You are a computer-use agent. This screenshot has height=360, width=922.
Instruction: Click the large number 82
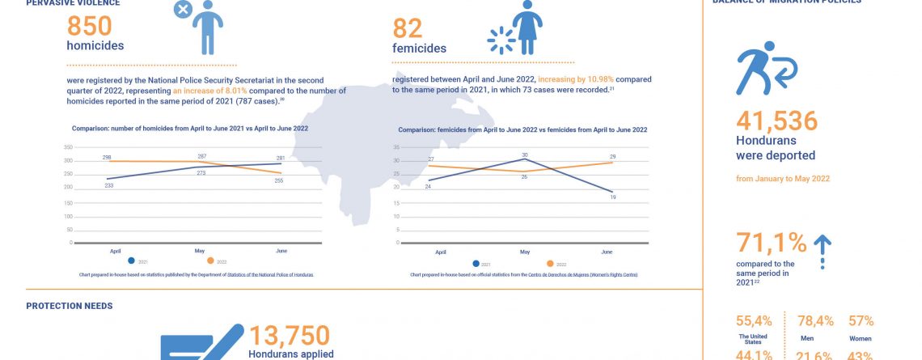408,28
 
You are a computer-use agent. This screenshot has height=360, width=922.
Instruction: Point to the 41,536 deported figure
776,121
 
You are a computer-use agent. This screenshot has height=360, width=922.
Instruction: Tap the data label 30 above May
524,155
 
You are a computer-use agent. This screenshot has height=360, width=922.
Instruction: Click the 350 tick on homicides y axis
67,147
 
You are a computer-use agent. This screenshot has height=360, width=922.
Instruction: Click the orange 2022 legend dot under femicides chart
550,264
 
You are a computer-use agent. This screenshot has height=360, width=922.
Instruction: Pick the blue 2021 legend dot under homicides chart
131,261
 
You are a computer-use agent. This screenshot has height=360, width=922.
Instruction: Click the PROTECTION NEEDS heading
70,306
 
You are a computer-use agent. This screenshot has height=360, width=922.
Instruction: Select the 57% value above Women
861,321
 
